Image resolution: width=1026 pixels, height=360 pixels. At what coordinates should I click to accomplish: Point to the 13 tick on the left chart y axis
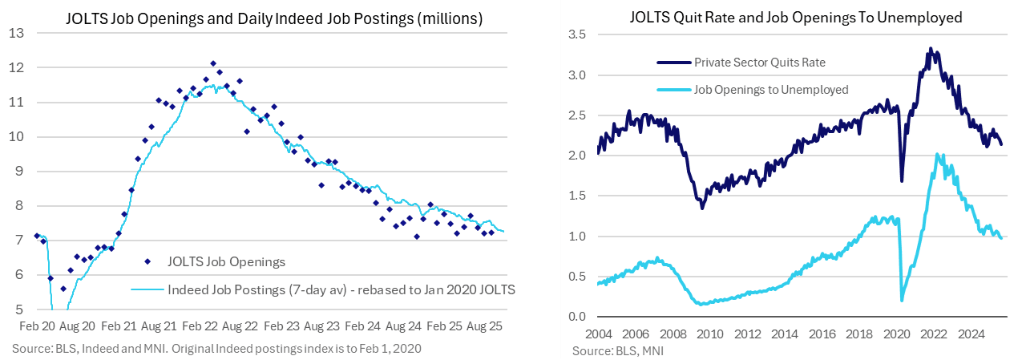(17, 34)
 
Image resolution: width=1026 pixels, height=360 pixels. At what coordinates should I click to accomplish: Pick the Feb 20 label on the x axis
(36, 328)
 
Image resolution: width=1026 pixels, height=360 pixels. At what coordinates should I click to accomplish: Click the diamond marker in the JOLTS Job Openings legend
(147, 261)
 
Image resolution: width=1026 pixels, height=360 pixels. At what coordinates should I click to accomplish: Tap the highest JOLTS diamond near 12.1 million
(213, 63)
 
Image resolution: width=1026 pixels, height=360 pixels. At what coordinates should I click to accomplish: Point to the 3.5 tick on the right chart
(578, 34)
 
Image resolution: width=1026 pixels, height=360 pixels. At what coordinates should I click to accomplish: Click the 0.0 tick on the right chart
(578, 317)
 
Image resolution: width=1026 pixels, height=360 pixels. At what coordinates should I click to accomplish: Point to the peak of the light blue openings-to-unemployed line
(938, 155)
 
